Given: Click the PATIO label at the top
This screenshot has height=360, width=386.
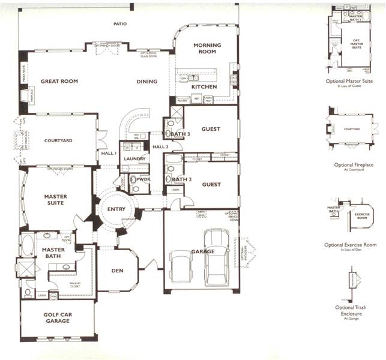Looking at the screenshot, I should (x=122, y=25).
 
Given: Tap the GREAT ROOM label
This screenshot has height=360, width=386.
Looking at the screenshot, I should (x=60, y=81).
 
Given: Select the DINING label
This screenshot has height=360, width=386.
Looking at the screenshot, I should (x=146, y=82).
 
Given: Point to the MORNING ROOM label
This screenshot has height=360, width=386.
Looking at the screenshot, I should (x=207, y=49).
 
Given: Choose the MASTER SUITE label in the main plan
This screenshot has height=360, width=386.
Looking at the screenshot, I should (x=55, y=200).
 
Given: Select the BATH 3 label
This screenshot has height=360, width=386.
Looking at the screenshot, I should (x=181, y=134).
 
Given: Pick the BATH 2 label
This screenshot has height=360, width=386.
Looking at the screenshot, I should (x=181, y=179).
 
